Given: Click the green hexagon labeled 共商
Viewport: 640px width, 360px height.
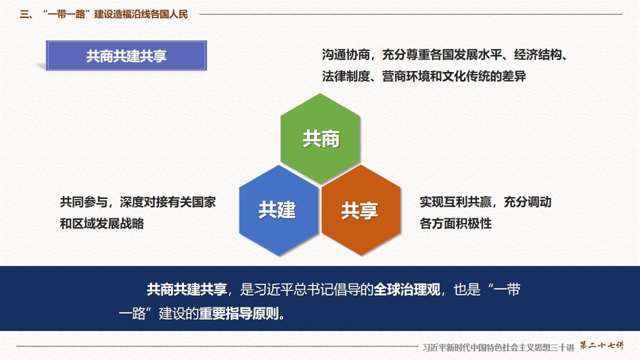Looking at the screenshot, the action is pyautogui.click(x=320, y=138).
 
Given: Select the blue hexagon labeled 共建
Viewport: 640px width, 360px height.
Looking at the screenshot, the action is pyautogui.click(x=278, y=210).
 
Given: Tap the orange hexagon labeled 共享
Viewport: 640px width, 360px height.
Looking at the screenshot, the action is pyautogui.click(x=361, y=210).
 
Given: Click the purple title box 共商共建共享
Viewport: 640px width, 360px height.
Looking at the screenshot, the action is pyautogui.click(x=126, y=55).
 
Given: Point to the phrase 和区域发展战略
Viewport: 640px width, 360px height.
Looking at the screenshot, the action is pyautogui.click(x=101, y=223).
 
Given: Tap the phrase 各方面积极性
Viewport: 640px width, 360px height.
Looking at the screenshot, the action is pyautogui.click(x=455, y=223).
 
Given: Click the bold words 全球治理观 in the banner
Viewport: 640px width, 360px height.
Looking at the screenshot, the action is pyautogui.click(x=407, y=289).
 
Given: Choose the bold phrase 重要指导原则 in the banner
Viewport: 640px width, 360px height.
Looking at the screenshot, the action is pyautogui.click(x=239, y=313).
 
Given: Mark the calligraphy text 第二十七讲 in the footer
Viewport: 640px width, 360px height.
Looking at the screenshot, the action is pyautogui.click(x=601, y=345).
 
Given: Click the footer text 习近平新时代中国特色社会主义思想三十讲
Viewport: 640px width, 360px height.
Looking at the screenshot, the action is pyautogui.click(x=498, y=347).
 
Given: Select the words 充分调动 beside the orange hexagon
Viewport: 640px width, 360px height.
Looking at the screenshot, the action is pyautogui.click(x=527, y=202).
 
